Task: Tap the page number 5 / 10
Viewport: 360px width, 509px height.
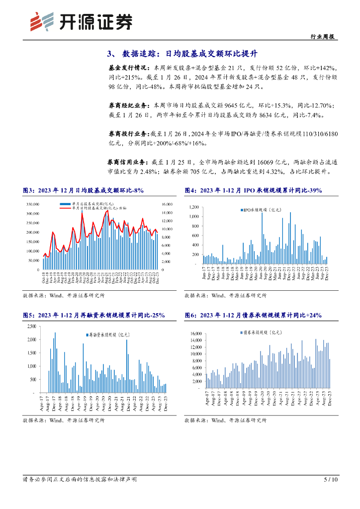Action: tap(331, 480)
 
